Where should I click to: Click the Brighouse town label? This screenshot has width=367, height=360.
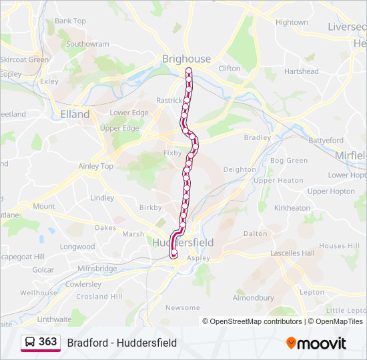pyautogui.click(x=186, y=59)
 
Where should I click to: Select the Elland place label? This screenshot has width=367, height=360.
pyautogui.click(x=75, y=114)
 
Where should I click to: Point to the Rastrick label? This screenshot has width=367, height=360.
pyautogui.click(x=169, y=100)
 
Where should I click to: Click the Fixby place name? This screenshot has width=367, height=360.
pyautogui.click(x=172, y=153)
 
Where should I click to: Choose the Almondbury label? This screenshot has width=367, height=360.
pyautogui.click(x=253, y=298)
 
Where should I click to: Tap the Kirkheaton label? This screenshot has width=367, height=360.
pyautogui.click(x=292, y=208)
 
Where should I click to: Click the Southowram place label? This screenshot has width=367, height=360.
pyautogui.click(x=87, y=44)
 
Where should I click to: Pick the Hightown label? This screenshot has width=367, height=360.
pyautogui.click(x=292, y=22)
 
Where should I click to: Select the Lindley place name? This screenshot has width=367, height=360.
pyautogui.click(x=102, y=198)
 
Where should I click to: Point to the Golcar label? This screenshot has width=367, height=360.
pyautogui.click(x=43, y=270)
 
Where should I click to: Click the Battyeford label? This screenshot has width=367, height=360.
pyautogui.click(x=326, y=141)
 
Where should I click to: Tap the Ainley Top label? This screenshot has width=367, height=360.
pyautogui.click(x=96, y=166)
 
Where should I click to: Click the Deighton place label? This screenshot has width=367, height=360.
pyautogui.click(x=239, y=169)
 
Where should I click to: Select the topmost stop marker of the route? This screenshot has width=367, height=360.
pyautogui.click(x=189, y=71)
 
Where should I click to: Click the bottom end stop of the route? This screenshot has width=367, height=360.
pyautogui.click(x=174, y=253)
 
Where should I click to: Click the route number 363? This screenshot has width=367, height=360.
pyautogui.click(x=48, y=342)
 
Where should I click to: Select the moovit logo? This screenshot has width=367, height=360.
pyautogui.click(x=316, y=343)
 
